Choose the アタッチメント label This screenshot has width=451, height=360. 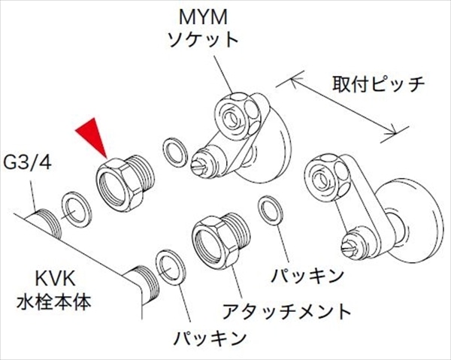point(286,309)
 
